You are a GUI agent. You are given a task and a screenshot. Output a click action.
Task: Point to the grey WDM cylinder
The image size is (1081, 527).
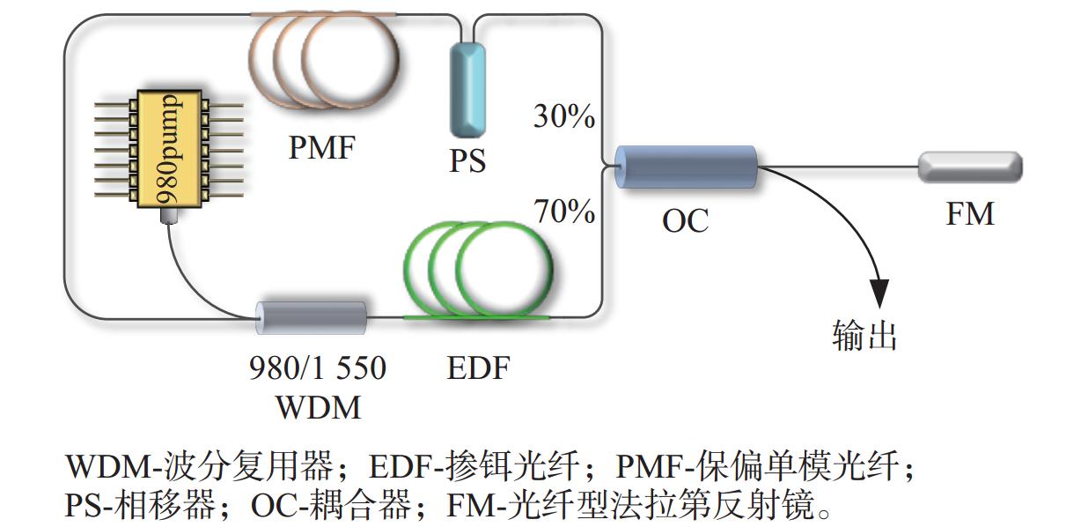coord(311,318)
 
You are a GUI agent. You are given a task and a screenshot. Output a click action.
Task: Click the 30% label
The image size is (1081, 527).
coord(564,117)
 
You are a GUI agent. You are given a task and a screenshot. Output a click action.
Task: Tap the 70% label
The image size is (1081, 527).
coord(564,212)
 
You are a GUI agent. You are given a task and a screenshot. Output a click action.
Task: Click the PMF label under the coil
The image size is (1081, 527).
coord(321,147)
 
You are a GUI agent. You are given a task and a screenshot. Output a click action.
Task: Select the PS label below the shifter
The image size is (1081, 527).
coord(467,161)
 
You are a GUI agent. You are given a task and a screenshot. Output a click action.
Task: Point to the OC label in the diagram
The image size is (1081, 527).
coord(685,220)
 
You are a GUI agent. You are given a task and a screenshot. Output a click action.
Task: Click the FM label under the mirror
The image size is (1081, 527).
coord(970,214)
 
